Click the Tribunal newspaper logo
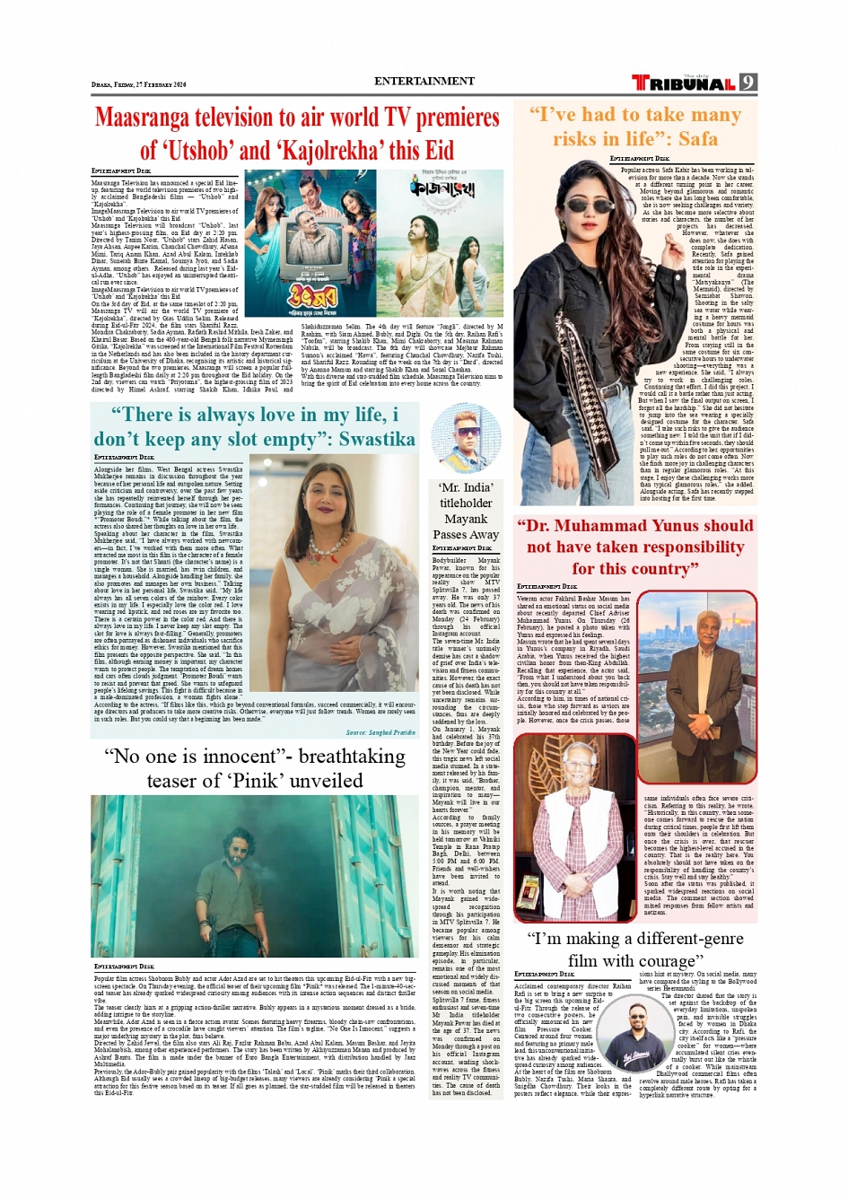[x=684, y=83]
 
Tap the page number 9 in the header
[x=748, y=83]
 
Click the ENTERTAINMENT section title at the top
[x=424, y=81]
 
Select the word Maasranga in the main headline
[x=152, y=118]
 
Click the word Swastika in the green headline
[x=377, y=439]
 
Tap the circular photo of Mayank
[x=465, y=439]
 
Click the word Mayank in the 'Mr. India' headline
[x=466, y=519]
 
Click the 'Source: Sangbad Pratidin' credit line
[x=380, y=732]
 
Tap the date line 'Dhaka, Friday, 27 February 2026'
[x=138, y=84]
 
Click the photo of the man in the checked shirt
[x=575, y=835]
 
